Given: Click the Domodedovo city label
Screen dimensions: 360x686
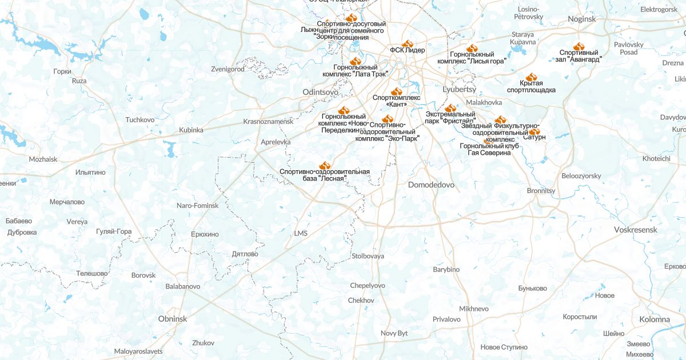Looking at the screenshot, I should coord(431,185).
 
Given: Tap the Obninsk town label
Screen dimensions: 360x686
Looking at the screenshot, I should coord(173,319).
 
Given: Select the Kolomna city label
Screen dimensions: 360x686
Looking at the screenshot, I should coord(655,319).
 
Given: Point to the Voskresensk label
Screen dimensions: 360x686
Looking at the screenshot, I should coord(635,230).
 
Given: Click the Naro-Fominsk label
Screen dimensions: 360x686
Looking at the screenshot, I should coord(197,205).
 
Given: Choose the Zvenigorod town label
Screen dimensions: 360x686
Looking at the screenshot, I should coord(228,69).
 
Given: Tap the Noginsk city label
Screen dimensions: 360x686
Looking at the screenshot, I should coord(582,19).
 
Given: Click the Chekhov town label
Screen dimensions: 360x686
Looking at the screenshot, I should coord(361,301).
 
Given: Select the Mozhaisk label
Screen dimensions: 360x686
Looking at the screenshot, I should coord(43,159).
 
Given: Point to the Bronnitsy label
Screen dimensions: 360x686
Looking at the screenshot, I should coord(541,190).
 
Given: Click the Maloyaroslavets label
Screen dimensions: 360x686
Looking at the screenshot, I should coord(138,351).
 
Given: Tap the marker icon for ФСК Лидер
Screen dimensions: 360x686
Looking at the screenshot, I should coord(407,43).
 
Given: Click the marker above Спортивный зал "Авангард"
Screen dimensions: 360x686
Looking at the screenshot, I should coord(579,46).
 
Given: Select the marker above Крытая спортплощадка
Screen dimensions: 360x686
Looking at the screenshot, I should coord(531,77).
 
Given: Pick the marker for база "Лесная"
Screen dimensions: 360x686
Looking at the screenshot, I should coord(324,165).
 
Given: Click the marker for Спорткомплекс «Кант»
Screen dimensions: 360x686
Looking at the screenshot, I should coord(396,91).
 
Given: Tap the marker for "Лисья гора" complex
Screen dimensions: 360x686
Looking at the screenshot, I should coord(471,48).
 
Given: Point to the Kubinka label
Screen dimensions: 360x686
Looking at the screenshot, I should coord(191,130).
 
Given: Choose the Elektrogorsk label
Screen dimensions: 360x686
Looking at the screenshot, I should coord(659,10).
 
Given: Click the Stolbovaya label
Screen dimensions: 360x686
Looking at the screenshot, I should coord(368,256).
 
